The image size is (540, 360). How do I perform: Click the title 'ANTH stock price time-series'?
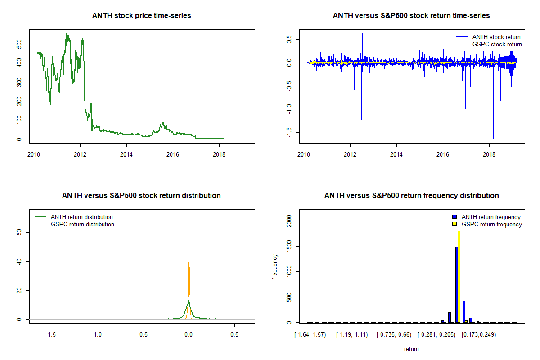[141, 16]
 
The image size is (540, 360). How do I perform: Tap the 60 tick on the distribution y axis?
[19, 232]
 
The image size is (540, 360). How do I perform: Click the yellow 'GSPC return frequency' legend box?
[455, 224]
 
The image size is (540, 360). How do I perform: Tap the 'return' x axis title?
[411, 349]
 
